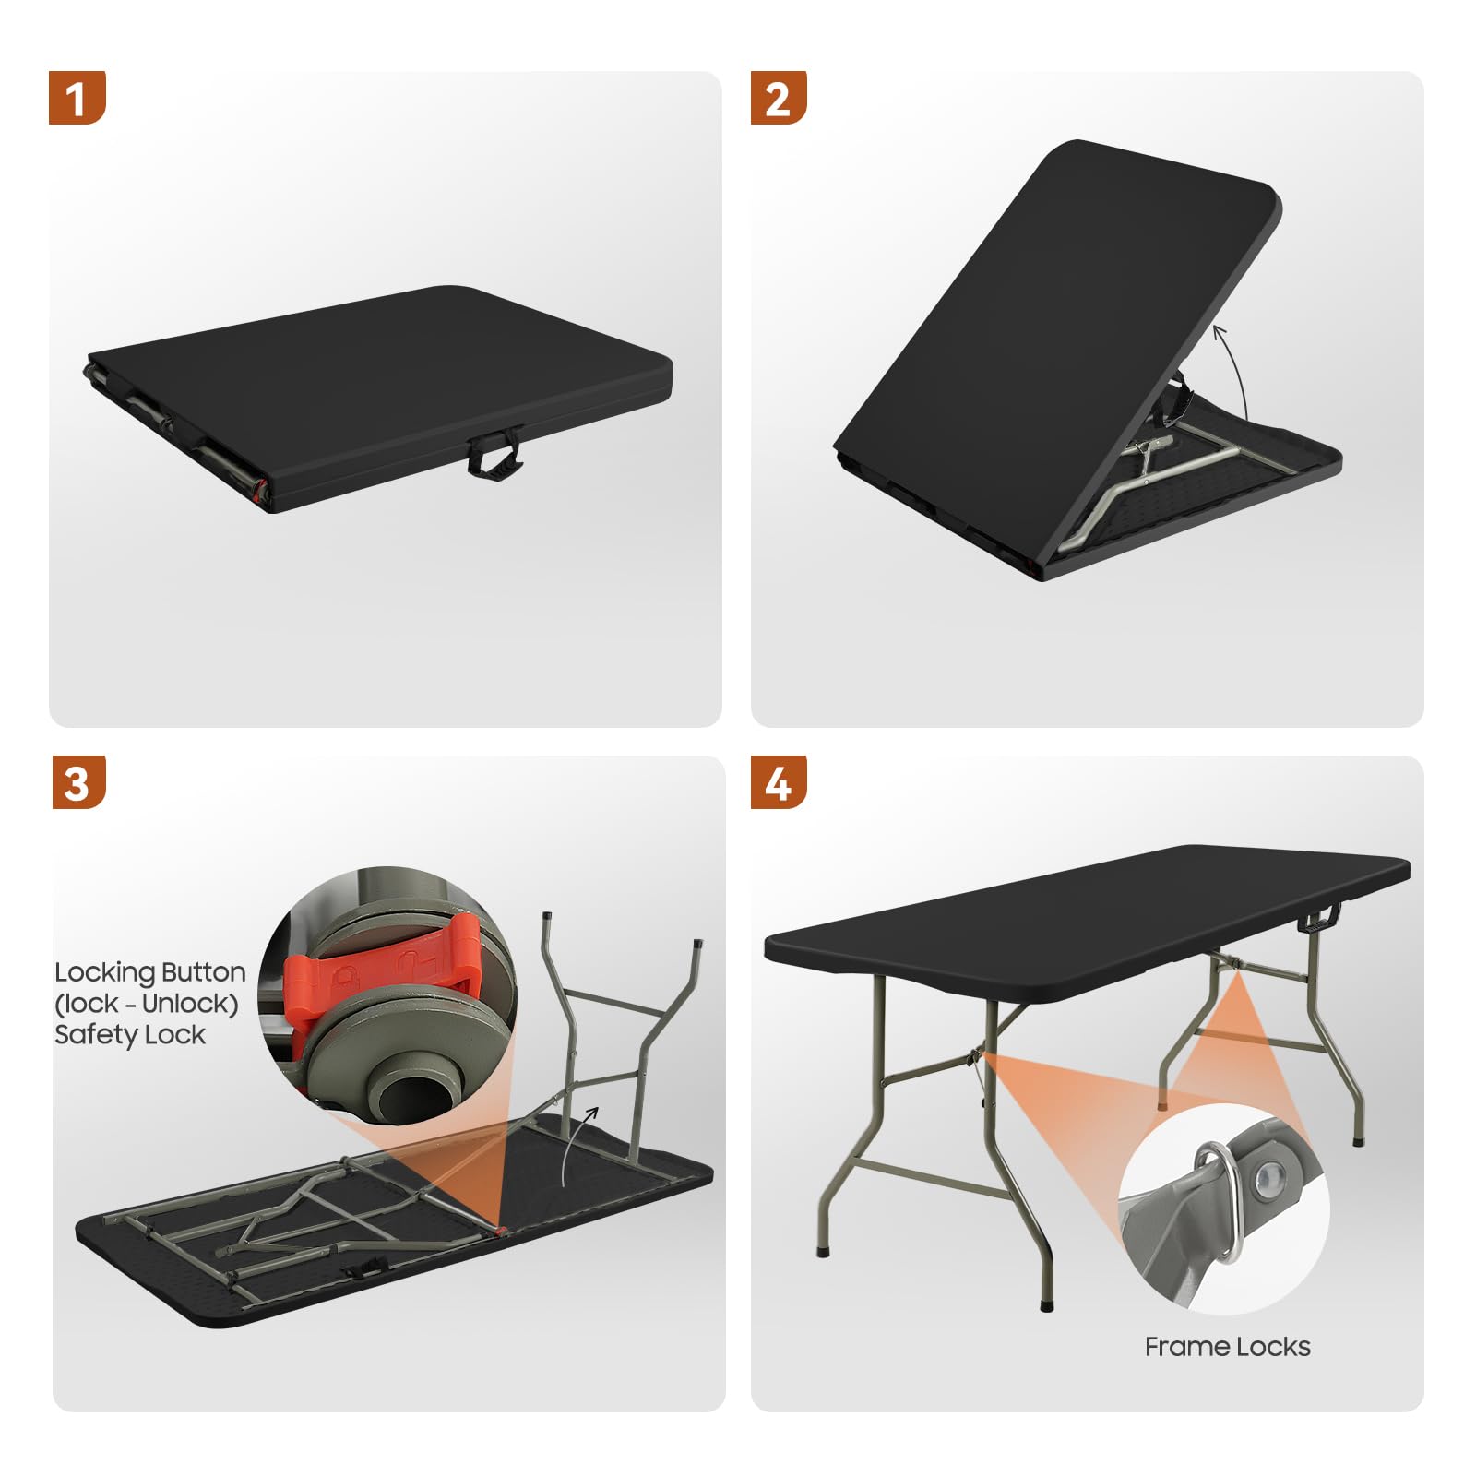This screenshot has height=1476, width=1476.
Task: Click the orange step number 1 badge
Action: pyautogui.click(x=77, y=98)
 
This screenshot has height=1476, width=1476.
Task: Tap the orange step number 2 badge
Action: pyautogui.click(x=779, y=98)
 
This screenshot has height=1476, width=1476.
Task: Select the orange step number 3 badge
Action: pyautogui.click(x=78, y=782)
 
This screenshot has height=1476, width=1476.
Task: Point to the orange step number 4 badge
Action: pyautogui.click(x=779, y=782)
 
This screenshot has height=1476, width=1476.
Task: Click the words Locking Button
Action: pyautogui.click(x=150, y=972)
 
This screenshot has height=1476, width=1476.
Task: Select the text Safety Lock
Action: pyautogui.click(x=130, y=1035)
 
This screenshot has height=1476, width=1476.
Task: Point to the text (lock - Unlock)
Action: pyautogui.click(x=147, y=1004)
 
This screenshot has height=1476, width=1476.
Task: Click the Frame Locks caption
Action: pyautogui.click(x=1227, y=1347)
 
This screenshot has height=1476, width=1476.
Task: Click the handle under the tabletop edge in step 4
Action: pyautogui.click(x=1321, y=919)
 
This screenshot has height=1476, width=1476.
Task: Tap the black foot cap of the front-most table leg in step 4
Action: pyautogui.click(x=1046, y=1305)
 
